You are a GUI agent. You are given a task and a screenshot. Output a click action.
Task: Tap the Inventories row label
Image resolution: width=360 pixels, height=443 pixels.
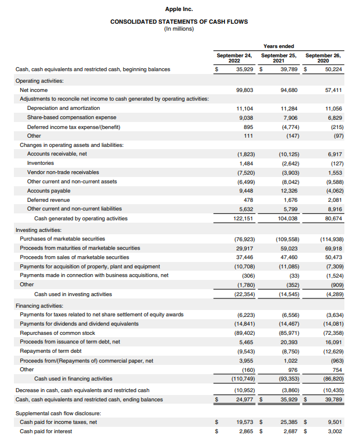41,163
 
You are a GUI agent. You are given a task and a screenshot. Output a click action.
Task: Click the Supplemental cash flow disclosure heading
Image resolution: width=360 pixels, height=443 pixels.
58,413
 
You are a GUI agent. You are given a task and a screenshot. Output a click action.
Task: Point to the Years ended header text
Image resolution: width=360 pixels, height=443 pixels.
278,46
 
